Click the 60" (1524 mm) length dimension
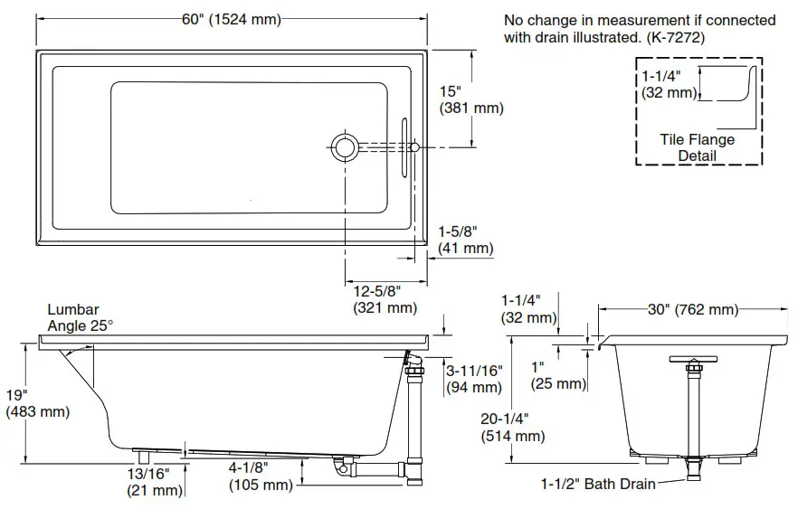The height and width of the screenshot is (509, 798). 231,19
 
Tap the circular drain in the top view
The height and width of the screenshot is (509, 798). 344,146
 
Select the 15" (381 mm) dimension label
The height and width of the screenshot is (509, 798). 470,99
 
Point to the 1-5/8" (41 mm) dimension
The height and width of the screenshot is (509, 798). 465,240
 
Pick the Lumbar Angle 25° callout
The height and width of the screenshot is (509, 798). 81,317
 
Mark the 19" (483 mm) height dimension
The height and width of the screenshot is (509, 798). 37,403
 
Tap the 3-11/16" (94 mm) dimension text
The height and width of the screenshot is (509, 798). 473,379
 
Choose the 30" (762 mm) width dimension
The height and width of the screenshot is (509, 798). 692,310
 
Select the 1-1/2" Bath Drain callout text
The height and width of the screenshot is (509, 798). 598,484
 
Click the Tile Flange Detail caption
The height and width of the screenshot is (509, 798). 697,147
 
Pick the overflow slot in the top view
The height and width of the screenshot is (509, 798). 404,146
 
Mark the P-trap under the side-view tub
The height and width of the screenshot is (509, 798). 345,466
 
